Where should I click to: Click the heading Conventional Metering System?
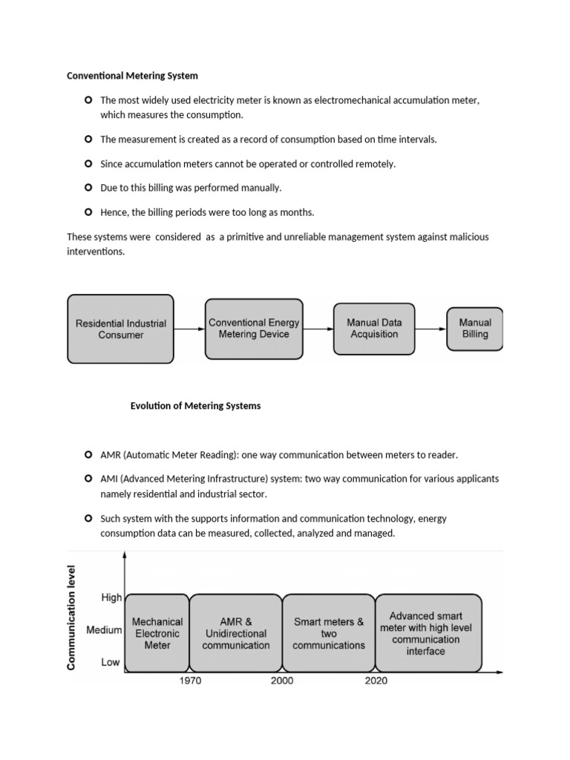pos(132,76)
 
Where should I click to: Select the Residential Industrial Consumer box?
pos(121,329)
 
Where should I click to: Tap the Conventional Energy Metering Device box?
pos(254,328)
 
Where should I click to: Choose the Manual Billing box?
pos(475,328)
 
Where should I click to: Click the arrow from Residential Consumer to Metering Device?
pos(189,328)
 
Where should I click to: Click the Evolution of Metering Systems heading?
pos(195,406)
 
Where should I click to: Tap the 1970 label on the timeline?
pos(191,681)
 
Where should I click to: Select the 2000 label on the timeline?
pos(282,681)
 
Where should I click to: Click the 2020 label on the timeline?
pos(376,681)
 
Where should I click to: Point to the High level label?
pos(111,597)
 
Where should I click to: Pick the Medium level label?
pos(104,630)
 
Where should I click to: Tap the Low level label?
pos(111,662)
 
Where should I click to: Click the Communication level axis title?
pos(73,617)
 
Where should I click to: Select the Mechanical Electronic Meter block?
pos(157,633)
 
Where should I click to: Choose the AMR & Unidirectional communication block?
pos(236,633)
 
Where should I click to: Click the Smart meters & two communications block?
pos(329,633)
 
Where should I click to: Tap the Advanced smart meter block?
pos(426,633)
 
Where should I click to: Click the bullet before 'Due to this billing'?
pos(87,188)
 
